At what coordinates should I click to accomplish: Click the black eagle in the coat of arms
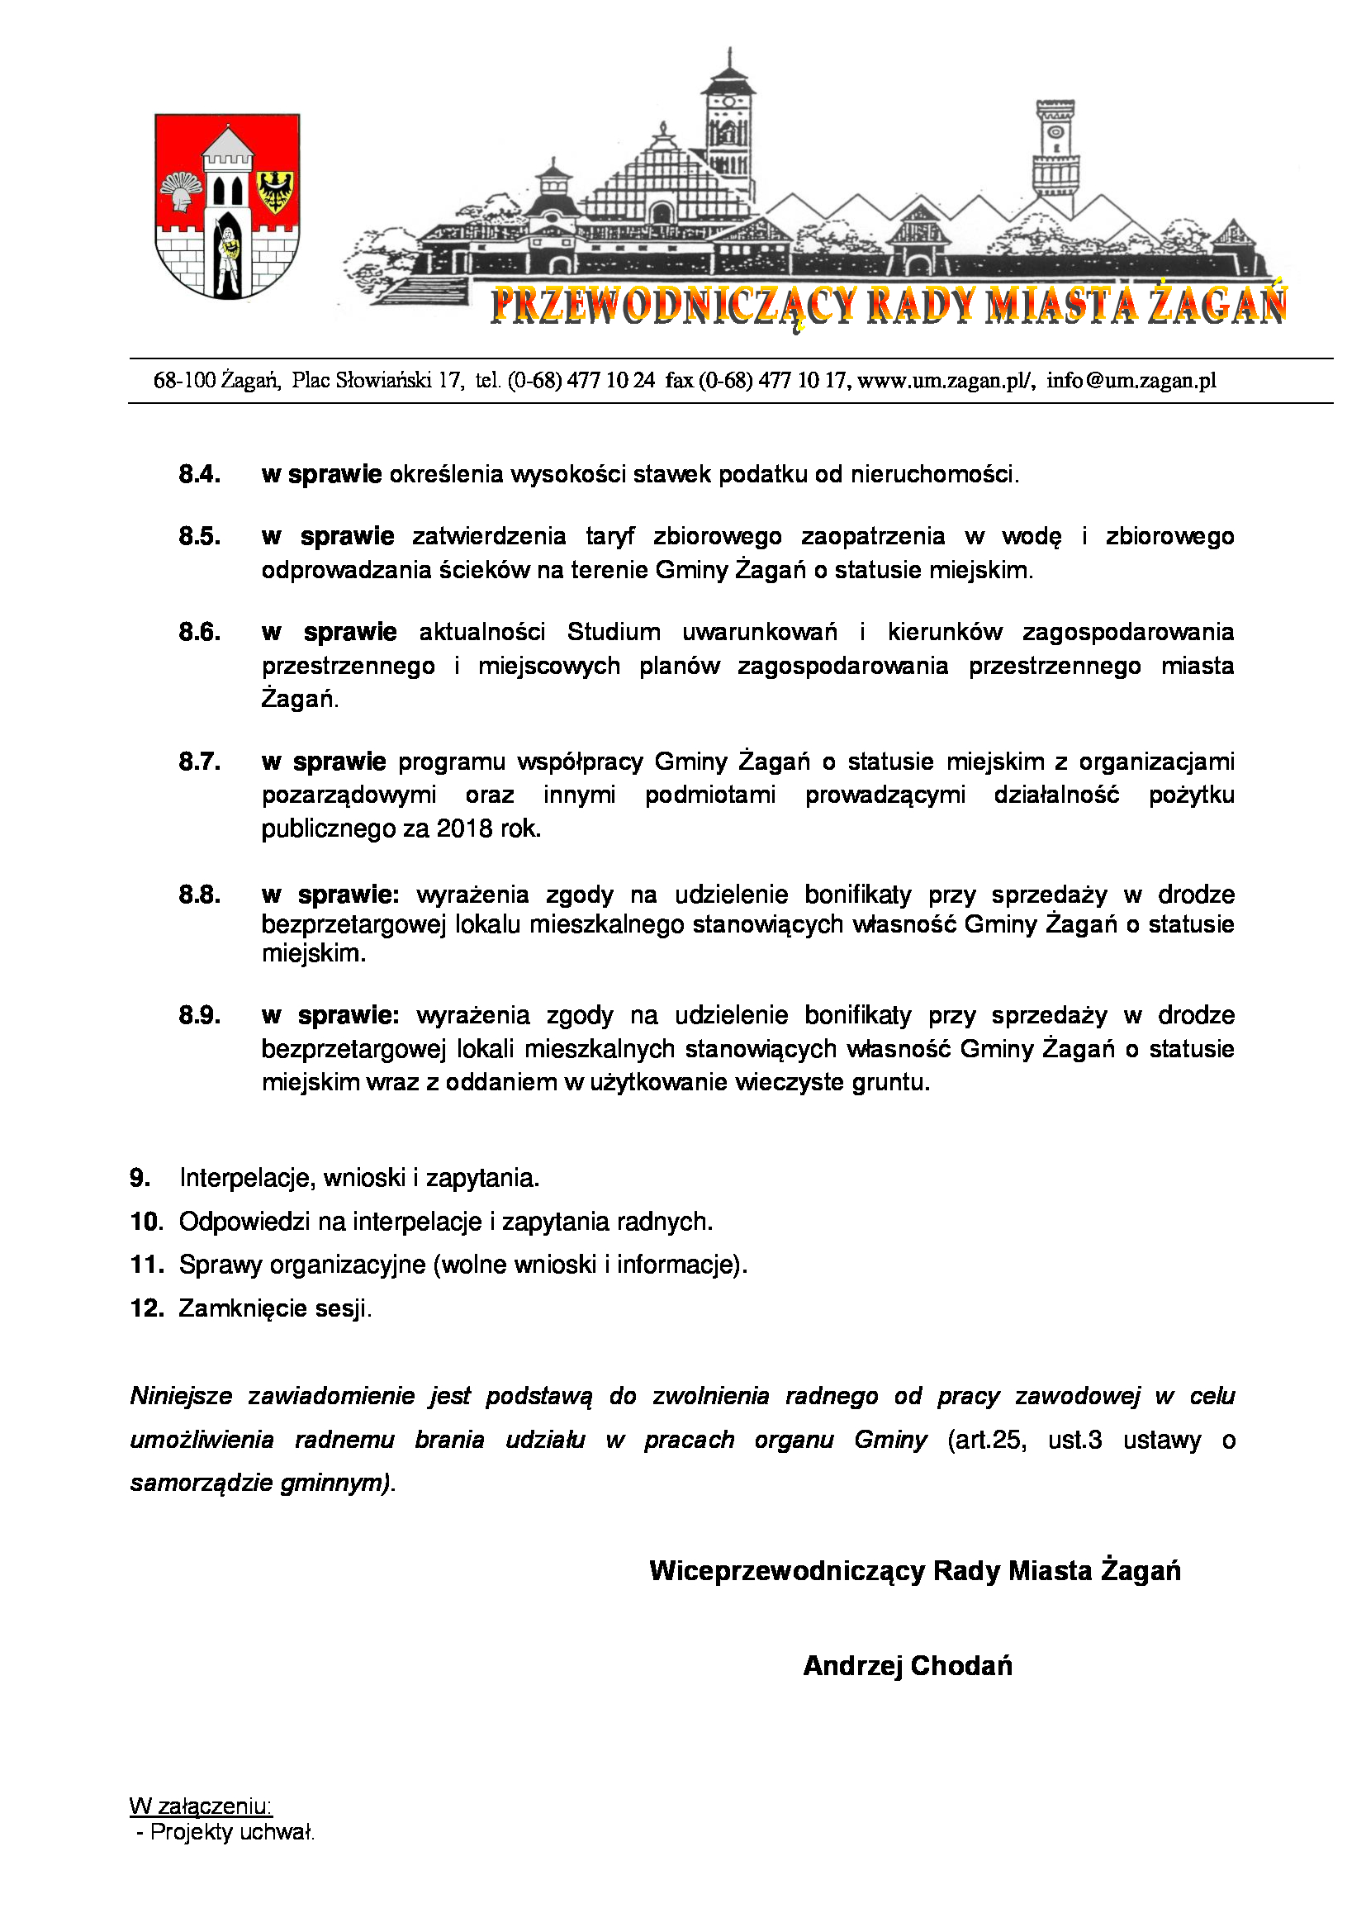pos(274,192)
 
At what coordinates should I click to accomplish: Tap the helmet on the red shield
pos(181,192)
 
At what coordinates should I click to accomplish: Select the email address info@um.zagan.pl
pos(1131,381)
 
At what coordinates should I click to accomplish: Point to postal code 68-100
pos(184,381)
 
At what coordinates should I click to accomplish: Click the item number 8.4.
pos(199,475)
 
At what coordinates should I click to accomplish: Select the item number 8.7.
pos(199,762)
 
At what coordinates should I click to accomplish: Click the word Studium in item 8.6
pos(613,632)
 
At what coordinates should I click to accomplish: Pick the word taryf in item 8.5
pos(609,536)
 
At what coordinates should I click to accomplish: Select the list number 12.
pos(146,1308)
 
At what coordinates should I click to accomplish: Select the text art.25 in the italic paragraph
pos(987,1440)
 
